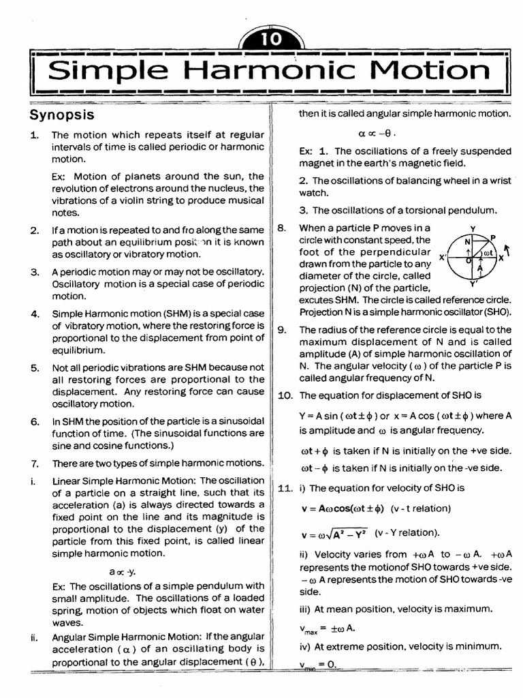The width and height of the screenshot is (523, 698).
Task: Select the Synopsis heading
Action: (x=62, y=114)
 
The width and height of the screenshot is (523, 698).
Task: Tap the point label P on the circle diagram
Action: (x=492, y=237)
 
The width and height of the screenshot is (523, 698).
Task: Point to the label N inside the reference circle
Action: (x=467, y=242)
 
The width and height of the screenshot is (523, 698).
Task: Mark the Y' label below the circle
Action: (x=474, y=283)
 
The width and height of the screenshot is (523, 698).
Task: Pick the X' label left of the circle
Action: (x=443, y=258)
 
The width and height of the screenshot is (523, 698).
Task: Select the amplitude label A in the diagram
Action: (x=479, y=269)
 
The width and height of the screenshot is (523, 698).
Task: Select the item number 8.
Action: (x=281, y=228)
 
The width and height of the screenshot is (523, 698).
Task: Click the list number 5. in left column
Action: (x=35, y=367)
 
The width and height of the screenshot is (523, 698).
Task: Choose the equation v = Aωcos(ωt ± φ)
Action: (x=343, y=509)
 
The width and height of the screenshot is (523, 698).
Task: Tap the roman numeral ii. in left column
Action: (x=33, y=638)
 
